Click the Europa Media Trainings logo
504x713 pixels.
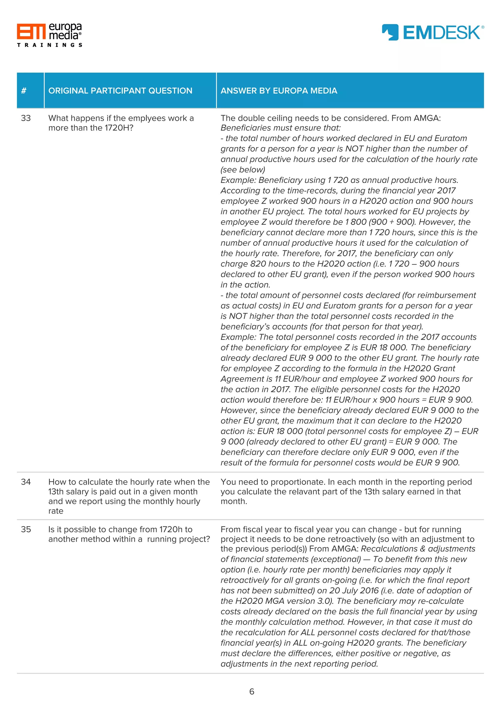point(49,35)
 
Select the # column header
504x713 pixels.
point(24,91)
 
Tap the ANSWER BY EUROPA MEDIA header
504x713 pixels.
point(279,91)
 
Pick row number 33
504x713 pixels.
point(26,118)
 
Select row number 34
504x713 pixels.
point(26,482)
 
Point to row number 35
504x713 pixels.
point(26,529)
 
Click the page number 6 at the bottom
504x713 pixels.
point(252,692)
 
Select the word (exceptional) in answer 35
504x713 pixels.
point(336,559)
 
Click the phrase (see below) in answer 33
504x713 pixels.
point(243,170)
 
